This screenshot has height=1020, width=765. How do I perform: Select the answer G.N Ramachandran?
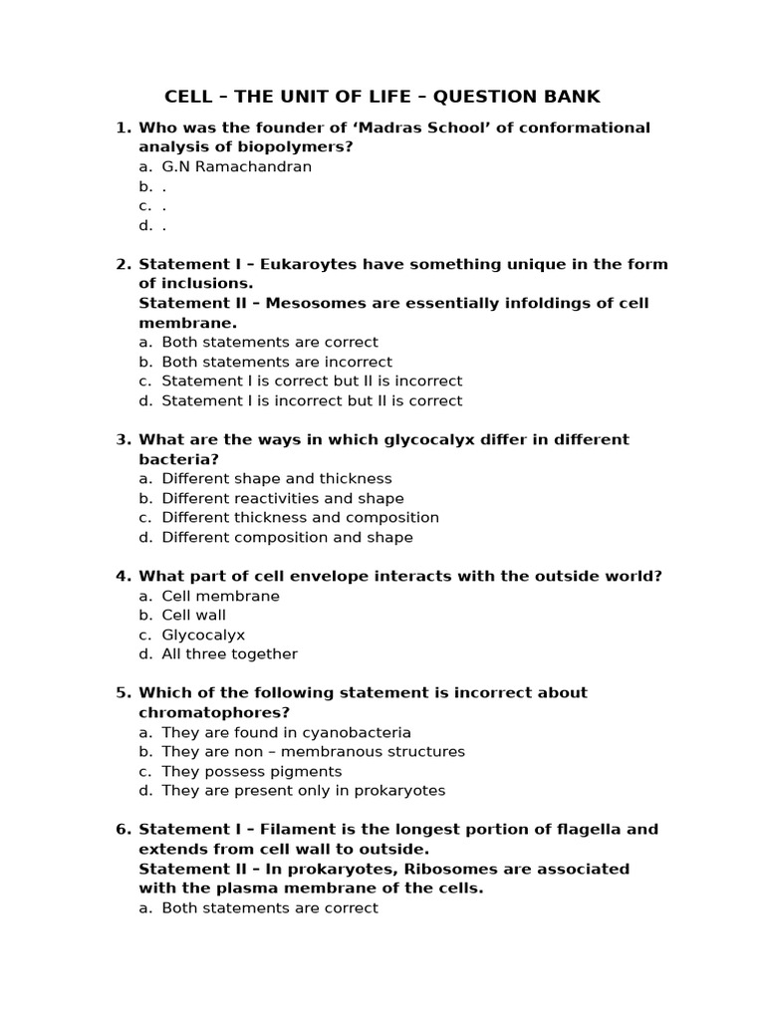click(236, 166)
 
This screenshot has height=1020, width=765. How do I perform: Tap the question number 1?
click(124, 127)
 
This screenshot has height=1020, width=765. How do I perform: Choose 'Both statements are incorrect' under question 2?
click(277, 362)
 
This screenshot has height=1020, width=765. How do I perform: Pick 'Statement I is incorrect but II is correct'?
click(312, 400)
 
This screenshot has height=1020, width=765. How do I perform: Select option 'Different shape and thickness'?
click(277, 478)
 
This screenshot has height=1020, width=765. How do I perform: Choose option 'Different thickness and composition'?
click(300, 517)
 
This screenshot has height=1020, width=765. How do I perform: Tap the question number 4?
click(124, 576)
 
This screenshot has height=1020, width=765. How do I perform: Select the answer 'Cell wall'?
click(194, 615)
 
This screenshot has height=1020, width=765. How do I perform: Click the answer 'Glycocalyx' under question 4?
click(203, 635)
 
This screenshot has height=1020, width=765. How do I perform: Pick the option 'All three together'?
click(229, 653)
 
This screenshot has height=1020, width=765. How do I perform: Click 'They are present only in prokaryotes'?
click(304, 790)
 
